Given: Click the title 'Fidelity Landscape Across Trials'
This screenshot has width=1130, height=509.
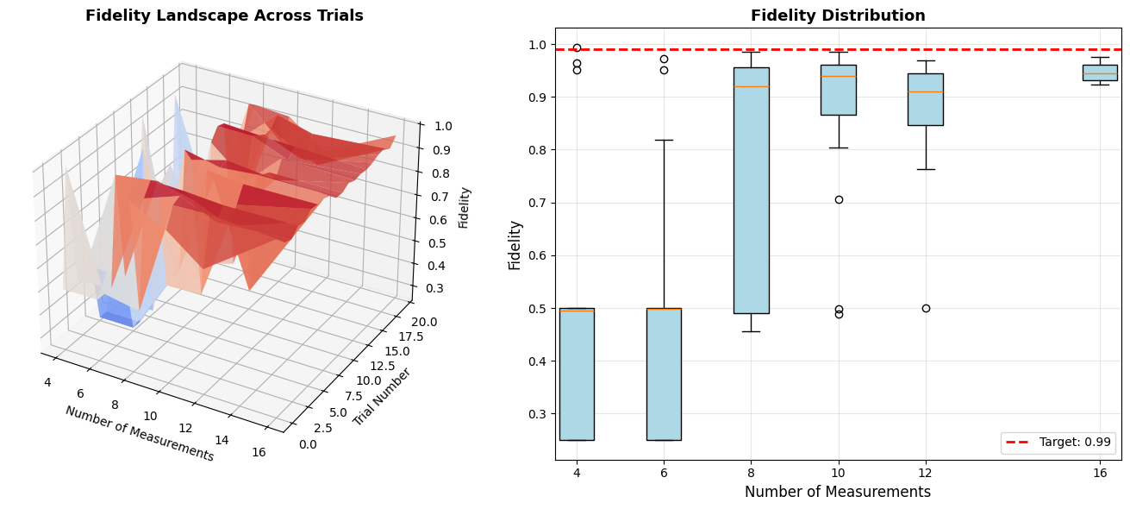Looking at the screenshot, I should coord(224,16).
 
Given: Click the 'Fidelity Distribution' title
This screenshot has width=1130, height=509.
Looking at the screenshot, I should coord(838,16).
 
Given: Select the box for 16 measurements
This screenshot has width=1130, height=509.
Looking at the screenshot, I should coord(1099,72).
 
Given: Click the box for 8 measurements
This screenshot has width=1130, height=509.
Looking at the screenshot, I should coord(751,190).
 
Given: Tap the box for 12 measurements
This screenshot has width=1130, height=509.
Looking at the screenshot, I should coord(925,99).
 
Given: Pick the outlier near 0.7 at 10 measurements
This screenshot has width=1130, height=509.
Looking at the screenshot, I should coord(839,199).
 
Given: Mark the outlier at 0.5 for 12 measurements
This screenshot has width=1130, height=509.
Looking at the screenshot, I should coord(926,308).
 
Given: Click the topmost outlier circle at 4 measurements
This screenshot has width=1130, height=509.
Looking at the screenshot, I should coord(577,48).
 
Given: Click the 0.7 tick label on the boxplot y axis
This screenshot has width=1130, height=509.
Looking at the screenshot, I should coord(537,203).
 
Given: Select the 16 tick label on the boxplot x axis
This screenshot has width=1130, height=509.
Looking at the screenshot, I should coord(1100,473).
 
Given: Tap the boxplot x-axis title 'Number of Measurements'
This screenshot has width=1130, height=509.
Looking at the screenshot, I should coord(838,493).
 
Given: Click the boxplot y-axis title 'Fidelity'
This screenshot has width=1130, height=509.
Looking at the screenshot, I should coord(515,244).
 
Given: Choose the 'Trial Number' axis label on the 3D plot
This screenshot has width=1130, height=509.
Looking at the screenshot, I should coord(382,398).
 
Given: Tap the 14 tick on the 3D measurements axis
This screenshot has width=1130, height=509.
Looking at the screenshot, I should coord(222,441).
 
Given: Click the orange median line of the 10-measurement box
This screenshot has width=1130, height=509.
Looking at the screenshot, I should coord(839,76).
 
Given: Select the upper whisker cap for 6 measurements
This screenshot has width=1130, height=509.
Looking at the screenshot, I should coord(664,140).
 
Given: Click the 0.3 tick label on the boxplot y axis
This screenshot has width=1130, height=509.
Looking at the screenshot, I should coord(537,414).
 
